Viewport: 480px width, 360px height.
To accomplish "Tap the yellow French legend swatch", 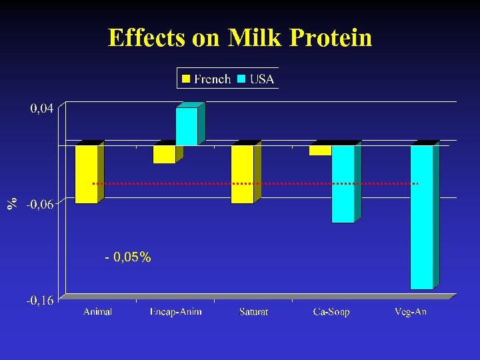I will pyautogui.click(x=187, y=79).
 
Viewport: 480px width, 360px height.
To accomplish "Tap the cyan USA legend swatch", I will pyautogui.click(x=241, y=79).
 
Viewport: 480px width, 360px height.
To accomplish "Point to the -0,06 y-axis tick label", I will pyautogui.click(x=41, y=204).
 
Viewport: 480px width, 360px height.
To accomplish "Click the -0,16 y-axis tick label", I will pyautogui.click(x=41, y=301).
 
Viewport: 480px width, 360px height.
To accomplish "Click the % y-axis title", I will pyautogui.click(x=12, y=204).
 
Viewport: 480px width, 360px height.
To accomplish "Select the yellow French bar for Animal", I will pyautogui.click(x=86, y=174).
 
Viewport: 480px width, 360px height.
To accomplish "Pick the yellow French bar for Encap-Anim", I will pyautogui.click(x=164, y=154).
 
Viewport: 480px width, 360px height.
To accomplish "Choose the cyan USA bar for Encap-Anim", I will pyautogui.click(x=187, y=127).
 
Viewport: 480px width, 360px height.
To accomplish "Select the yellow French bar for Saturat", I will pyautogui.click(x=242, y=174).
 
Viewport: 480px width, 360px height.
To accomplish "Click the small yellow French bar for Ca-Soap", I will pyautogui.click(x=320, y=150).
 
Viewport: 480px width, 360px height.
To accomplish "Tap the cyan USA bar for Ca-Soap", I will pyautogui.click(x=343, y=183).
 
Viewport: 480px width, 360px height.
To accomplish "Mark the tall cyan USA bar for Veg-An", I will pyautogui.click(x=421, y=217).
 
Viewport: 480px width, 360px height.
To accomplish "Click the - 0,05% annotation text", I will pyautogui.click(x=128, y=257).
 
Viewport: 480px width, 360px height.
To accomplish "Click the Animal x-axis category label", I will pyautogui.click(x=97, y=312).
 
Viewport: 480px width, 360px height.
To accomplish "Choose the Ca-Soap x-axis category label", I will pyautogui.click(x=331, y=312).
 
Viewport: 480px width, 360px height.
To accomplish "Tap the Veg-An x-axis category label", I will pyautogui.click(x=410, y=312).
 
